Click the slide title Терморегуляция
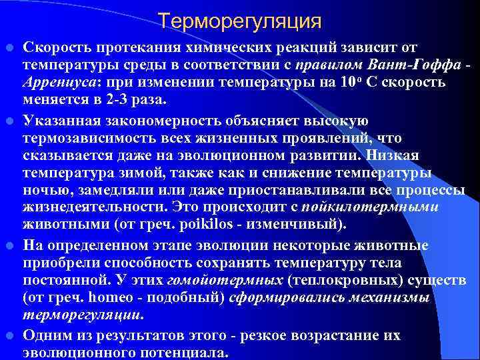tap(240, 21)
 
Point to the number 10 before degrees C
tap(347, 82)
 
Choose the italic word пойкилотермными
tap(383, 207)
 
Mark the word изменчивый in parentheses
tap(302, 223)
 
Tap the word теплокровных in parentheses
tap(295, 279)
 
